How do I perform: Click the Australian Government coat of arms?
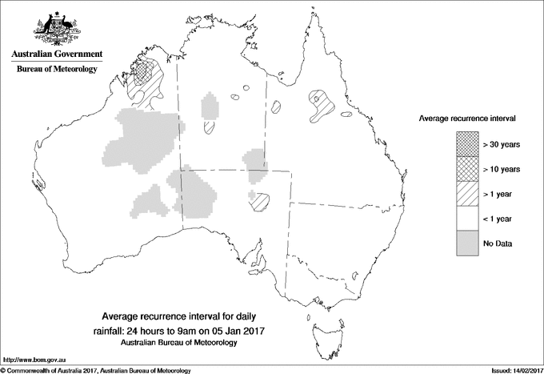57,29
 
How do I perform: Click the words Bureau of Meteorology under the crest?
57,70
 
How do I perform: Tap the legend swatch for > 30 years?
467,144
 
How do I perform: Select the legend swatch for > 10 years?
467,169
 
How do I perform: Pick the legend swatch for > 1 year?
467,193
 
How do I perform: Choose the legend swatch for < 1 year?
467,218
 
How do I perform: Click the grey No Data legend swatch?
467,243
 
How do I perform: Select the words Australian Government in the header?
57,54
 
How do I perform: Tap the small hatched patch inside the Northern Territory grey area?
210,126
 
